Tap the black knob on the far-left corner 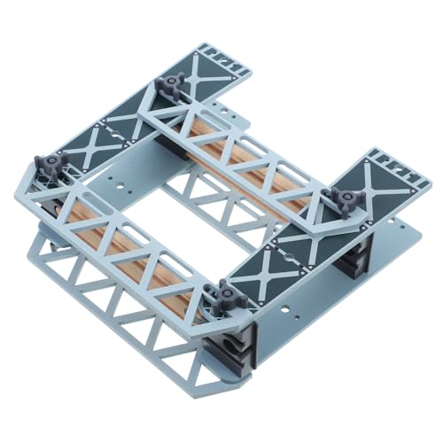[x=51, y=165]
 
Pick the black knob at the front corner [x=226, y=293]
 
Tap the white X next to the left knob [x=89, y=146]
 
